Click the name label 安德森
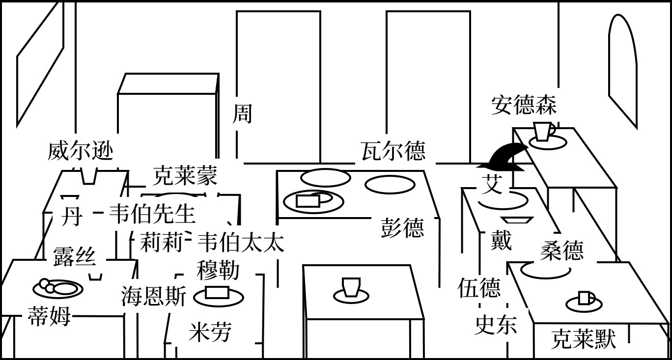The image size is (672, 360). click(524, 106)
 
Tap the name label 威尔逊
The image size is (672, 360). click(81, 151)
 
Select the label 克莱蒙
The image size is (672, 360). click(185, 175)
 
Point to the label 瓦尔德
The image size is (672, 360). click(393, 151)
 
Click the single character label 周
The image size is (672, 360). click(242, 113)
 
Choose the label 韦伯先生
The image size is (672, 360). click(152, 214)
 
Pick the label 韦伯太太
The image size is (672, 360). click(240, 242)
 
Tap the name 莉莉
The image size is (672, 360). click(162, 242)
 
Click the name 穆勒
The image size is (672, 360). click(218, 270)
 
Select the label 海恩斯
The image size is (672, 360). click(154, 297)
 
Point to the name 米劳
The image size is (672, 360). click(210, 332)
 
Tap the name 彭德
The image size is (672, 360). click(402, 228)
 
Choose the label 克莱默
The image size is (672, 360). click(583, 339)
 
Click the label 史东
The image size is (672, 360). click(496, 325)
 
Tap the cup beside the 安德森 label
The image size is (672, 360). click(543, 132)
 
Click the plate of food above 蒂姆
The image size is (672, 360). click(57, 288)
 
